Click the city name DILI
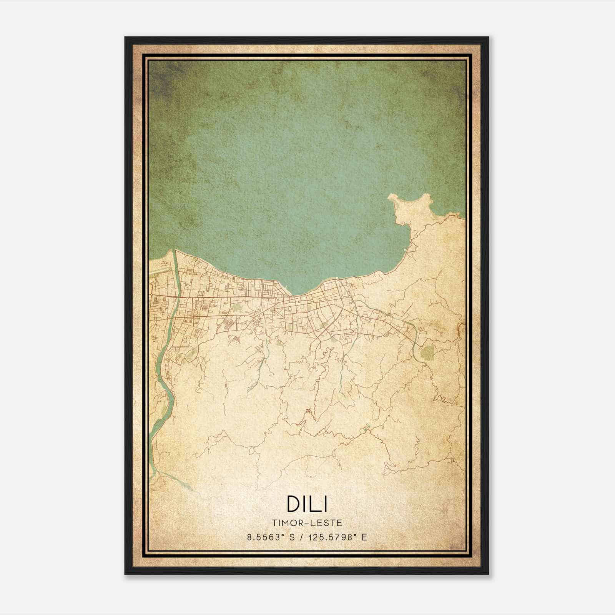point(307,504)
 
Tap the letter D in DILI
point(293,504)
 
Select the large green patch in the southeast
point(426,352)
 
